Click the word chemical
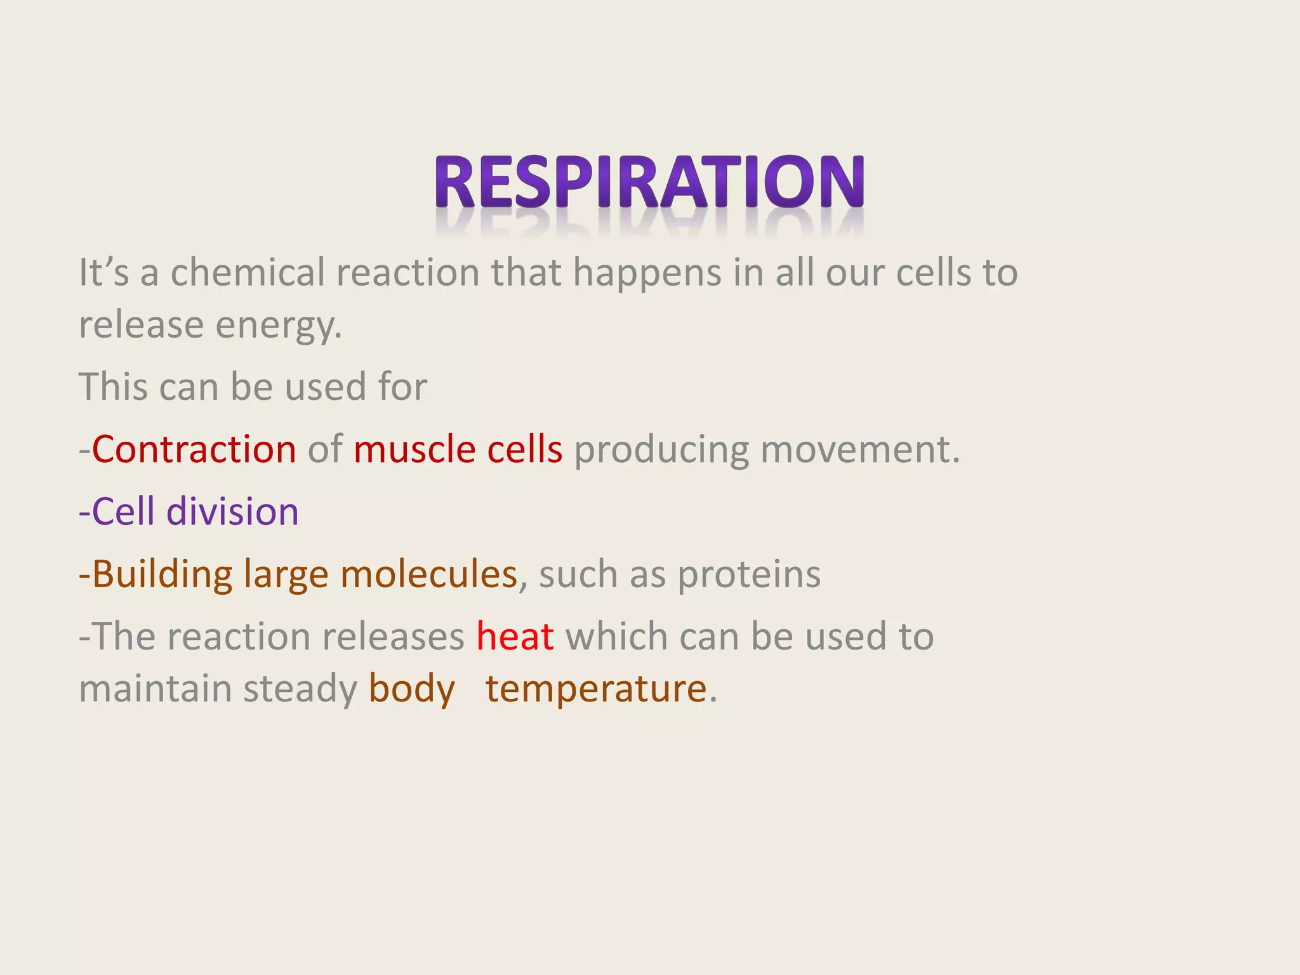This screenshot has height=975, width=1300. click(x=248, y=273)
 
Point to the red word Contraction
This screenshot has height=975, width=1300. click(x=194, y=449)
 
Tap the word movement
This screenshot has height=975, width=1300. click(x=859, y=449)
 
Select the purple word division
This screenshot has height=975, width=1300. click(x=232, y=512)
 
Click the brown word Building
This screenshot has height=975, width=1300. click(x=162, y=575)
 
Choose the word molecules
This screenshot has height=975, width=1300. click(x=428, y=574)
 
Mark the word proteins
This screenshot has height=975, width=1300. click(x=749, y=575)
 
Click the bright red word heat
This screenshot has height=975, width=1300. click(x=515, y=636)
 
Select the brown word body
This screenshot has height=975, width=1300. click(x=412, y=689)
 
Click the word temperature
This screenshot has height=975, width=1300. click(x=596, y=689)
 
